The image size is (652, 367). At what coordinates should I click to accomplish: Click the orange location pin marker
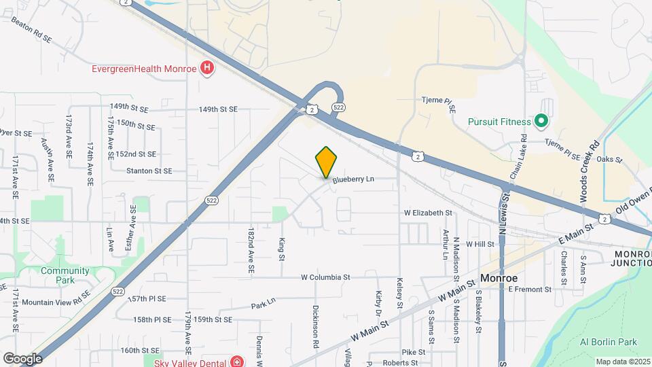point(326,162)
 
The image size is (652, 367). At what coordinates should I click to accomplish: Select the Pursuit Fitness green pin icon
point(541,122)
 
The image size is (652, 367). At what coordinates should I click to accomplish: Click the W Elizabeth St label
point(428,213)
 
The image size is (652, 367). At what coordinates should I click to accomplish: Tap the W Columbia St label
point(325,277)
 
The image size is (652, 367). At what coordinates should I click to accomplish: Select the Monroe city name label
point(499,279)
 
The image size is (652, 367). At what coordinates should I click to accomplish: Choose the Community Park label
point(65,275)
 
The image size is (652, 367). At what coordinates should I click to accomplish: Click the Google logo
point(22,358)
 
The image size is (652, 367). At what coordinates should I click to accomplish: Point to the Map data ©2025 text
point(623,362)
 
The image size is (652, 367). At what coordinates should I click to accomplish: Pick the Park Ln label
point(263,304)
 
